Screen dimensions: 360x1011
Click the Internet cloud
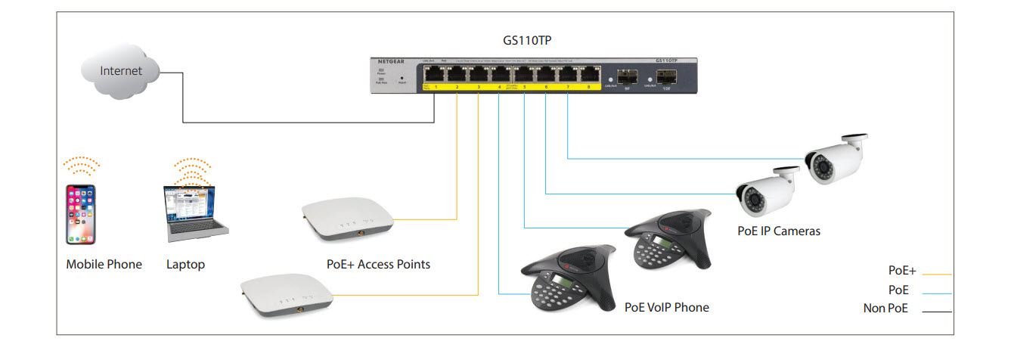122,71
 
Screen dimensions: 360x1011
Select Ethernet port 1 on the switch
436,74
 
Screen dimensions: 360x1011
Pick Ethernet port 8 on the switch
588,74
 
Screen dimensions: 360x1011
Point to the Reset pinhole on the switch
401,78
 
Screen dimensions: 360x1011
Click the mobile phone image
81,214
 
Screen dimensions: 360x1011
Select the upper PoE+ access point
346,219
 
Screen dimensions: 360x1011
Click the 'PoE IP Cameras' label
778,231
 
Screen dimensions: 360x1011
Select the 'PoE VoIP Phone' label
666,307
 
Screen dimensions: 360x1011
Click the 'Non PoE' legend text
885,309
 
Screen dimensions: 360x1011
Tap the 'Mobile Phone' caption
104,265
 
